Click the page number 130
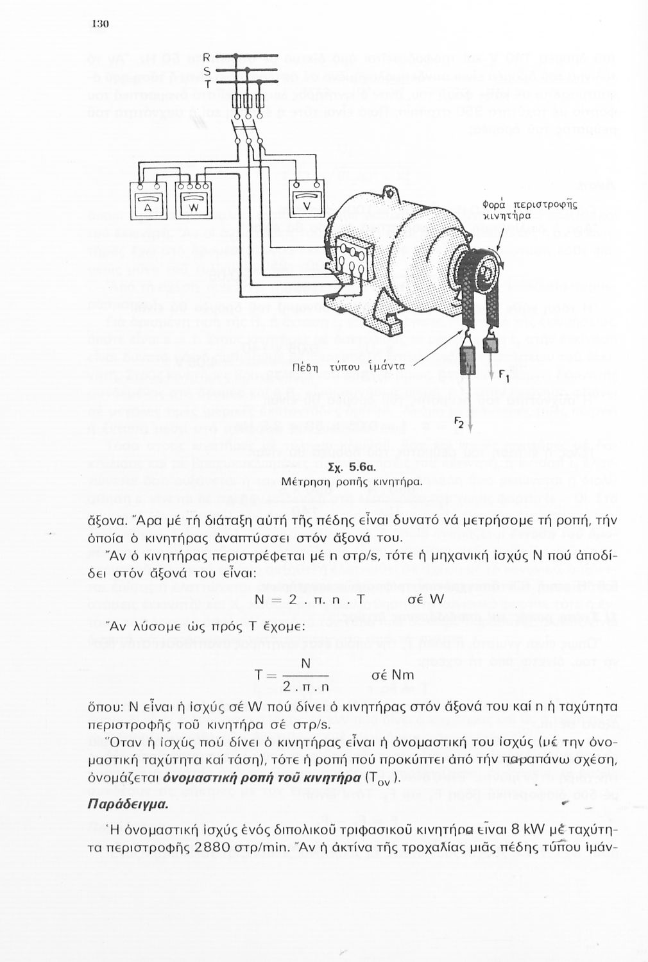(x=101, y=24)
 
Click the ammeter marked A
(x=148, y=203)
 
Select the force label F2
(x=459, y=421)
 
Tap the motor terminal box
(x=350, y=262)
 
